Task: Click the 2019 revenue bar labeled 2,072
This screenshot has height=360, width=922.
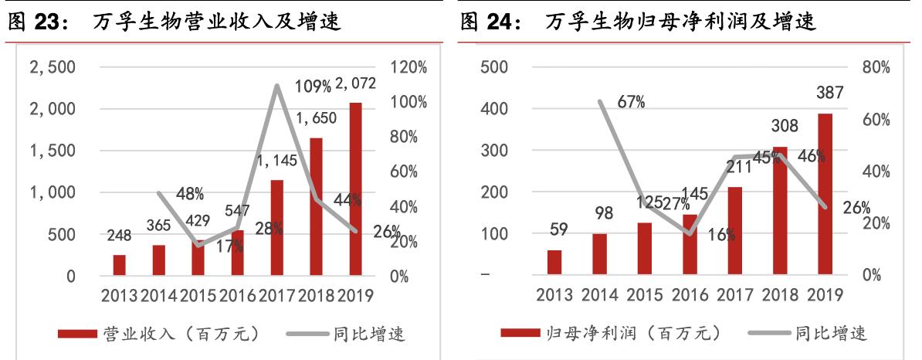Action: (x=355, y=189)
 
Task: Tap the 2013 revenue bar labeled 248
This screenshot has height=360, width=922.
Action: (x=119, y=265)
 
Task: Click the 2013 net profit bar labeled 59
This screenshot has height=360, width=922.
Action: (x=554, y=262)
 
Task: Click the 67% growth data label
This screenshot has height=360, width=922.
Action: (x=631, y=102)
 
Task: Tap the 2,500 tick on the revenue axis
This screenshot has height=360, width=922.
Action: (x=52, y=67)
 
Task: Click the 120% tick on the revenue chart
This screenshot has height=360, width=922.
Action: (x=410, y=67)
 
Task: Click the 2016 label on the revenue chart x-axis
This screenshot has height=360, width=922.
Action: (x=237, y=295)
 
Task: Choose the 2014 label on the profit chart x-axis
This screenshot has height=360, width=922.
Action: (x=599, y=295)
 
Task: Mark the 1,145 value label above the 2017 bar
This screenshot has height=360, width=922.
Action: (x=275, y=162)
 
